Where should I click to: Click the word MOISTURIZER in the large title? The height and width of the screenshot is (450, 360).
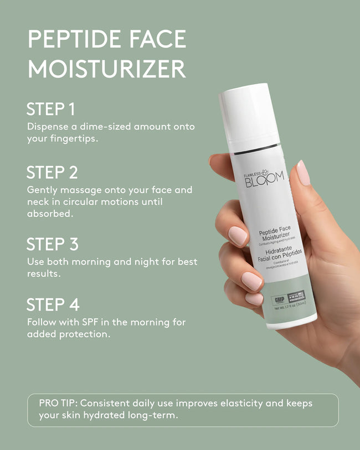(106, 70)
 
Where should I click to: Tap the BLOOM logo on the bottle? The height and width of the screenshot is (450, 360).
(265, 177)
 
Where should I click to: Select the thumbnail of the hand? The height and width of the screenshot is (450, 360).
(303, 172)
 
